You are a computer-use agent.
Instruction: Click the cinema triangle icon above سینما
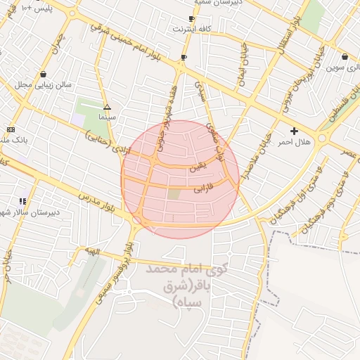click(x=107, y=108)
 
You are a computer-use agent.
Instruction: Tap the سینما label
click(x=107, y=119)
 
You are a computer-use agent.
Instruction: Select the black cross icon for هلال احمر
click(x=294, y=131)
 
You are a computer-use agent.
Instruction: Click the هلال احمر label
click(x=294, y=142)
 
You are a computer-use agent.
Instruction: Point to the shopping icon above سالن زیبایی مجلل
click(x=44, y=73)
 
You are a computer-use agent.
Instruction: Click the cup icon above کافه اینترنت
click(x=191, y=19)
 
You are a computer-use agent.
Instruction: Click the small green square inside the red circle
click(x=174, y=193)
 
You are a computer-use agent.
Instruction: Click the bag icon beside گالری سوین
click(x=345, y=57)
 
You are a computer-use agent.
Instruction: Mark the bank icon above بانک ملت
click(x=11, y=129)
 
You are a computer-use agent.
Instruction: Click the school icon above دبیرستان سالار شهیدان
click(x=24, y=201)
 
